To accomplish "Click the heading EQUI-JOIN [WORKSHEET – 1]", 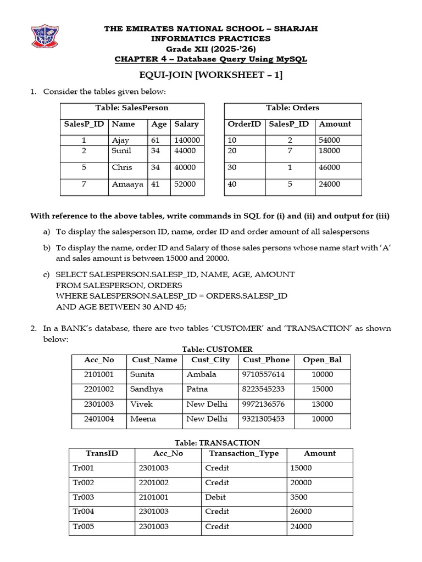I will (211, 76).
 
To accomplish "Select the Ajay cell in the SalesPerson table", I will (120, 140).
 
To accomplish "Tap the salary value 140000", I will (187, 140).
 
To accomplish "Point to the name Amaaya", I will (127, 184).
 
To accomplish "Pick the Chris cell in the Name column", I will (122, 167).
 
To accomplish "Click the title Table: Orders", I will (292, 108).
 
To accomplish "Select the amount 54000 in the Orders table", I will (330, 140).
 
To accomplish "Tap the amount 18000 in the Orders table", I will (330, 150).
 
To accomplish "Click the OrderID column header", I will (244, 124).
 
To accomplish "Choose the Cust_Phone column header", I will (266, 360).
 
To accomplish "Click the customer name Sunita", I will (142, 374).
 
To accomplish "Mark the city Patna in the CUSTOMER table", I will (197, 389).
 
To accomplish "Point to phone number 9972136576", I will (263, 404).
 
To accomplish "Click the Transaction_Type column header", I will (244, 453).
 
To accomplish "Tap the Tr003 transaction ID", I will (84, 497).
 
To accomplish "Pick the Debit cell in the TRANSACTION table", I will (216, 497).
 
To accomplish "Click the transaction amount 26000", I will (301, 512).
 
